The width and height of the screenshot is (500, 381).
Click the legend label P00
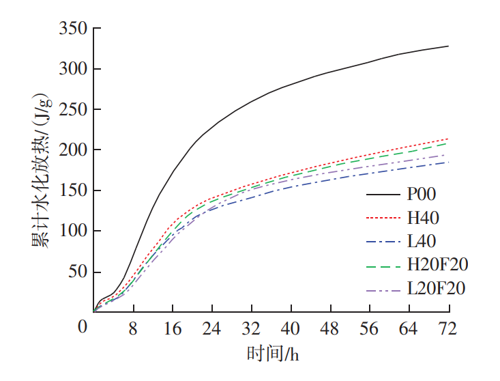pos(422,196)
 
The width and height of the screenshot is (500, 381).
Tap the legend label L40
pos(422,241)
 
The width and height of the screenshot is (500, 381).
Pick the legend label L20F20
pos(437,288)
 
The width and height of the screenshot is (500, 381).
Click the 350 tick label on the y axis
pos(74,29)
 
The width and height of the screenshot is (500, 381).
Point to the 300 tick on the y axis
pos(74,69)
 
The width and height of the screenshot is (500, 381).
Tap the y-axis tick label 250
pos(74,109)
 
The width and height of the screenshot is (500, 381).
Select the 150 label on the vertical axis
pos(74,190)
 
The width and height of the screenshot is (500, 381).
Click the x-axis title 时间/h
pos(273,354)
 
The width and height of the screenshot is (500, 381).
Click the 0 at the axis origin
pos(83,328)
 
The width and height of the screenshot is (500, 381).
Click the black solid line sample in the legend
pos(383,196)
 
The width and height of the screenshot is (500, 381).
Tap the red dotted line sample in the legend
pos(383,218)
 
